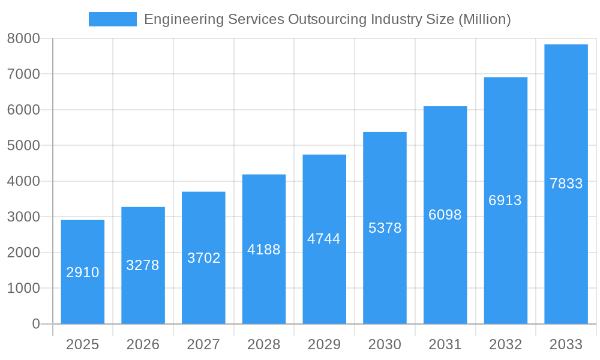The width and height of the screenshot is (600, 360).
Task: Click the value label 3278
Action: click(x=143, y=265)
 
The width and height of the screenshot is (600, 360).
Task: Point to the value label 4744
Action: click(x=324, y=239)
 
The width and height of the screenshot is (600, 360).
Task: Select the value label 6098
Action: click(x=445, y=215)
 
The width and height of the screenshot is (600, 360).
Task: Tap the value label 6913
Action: click(x=505, y=200)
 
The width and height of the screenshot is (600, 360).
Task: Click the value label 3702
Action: click(x=204, y=258)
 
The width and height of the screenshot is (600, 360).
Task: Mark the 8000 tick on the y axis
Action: click(x=23, y=38)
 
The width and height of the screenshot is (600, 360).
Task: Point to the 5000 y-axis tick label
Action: click(x=23, y=146)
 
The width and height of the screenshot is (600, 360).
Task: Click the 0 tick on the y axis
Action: click(x=35, y=324)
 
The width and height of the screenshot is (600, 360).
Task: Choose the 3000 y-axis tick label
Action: click(x=23, y=217)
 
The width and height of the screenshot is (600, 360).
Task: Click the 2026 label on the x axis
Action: click(x=143, y=344)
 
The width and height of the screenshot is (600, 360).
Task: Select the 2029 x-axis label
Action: click(x=324, y=344)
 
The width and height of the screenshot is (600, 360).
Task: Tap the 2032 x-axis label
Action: click(x=505, y=344)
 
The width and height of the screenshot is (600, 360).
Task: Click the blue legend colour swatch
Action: click(x=113, y=19)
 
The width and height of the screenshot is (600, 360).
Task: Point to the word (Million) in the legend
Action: click(x=484, y=19)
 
